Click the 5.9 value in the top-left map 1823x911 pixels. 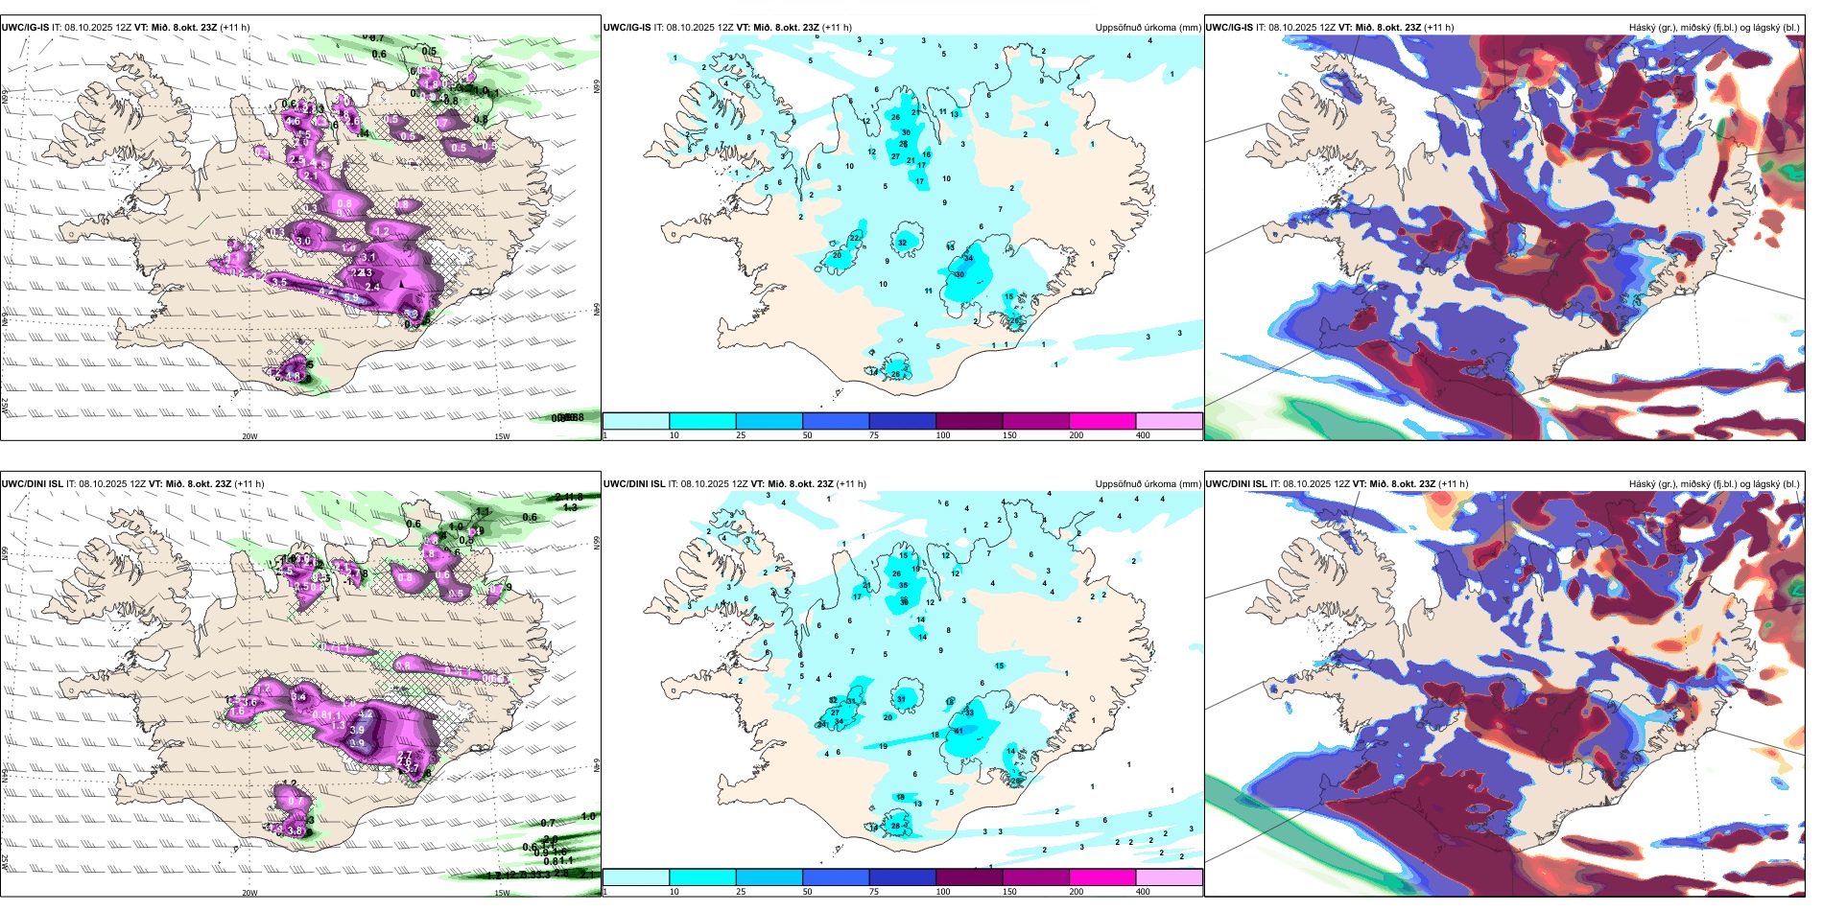click(x=351, y=298)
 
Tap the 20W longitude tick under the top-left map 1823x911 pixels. click(x=249, y=436)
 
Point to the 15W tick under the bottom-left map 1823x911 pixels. click(x=502, y=893)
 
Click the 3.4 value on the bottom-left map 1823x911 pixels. click(x=298, y=697)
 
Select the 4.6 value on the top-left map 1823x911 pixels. click(x=293, y=122)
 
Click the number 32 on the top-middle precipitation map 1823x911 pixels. click(x=902, y=243)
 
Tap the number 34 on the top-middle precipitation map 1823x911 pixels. click(x=968, y=258)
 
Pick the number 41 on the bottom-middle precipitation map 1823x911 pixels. click(x=959, y=731)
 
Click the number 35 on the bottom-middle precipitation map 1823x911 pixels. click(x=903, y=585)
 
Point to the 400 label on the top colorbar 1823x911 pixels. click(x=1143, y=435)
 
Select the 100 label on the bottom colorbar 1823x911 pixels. click(x=943, y=892)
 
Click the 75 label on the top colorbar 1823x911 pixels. click(x=874, y=435)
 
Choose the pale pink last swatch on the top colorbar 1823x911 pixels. click(x=1169, y=421)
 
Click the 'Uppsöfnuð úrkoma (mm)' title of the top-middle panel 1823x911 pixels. click(x=1148, y=28)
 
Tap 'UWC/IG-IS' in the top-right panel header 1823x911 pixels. click(x=1229, y=28)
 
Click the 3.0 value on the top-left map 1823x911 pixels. click(x=303, y=241)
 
